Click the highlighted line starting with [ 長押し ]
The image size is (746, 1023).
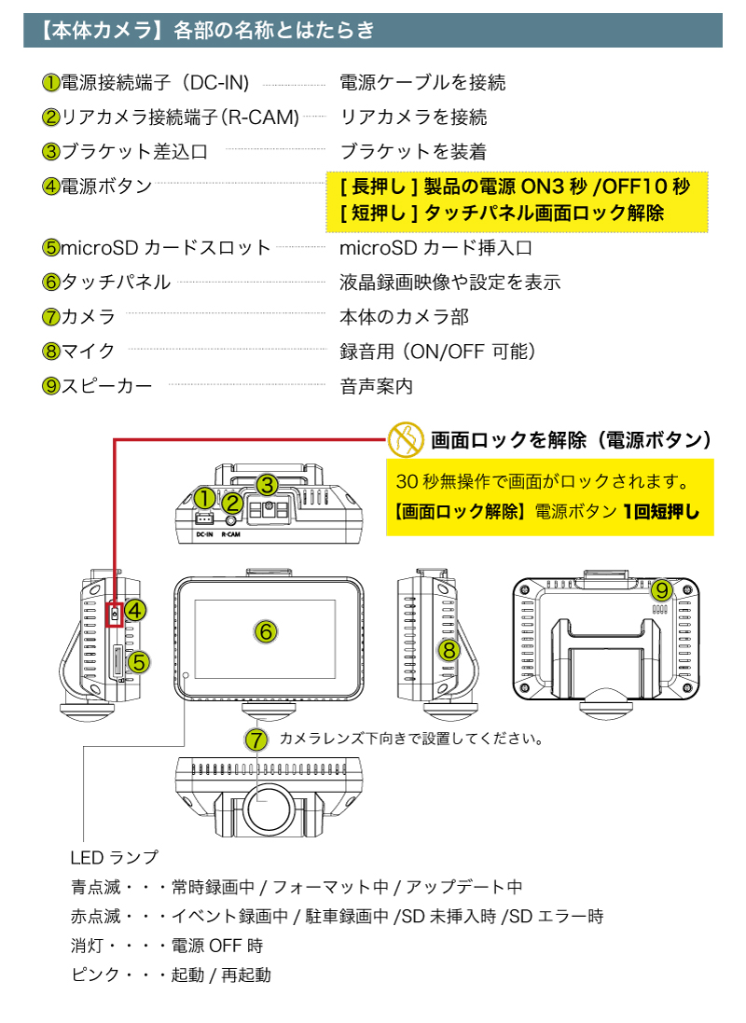click(x=515, y=187)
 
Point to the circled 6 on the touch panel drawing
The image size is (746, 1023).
click(x=265, y=631)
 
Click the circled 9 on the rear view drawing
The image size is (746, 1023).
click(x=661, y=590)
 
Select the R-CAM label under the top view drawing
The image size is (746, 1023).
click(x=233, y=535)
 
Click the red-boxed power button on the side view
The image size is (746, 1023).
click(x=114, y=613)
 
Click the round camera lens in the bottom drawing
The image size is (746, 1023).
click(x=271, y=801)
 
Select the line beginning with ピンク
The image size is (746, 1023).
click(x=171, y=975)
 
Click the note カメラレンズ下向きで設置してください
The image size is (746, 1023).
click(x=411, y=739)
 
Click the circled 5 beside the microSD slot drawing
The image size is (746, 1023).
click(x=138, y=662)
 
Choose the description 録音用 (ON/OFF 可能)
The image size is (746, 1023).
click(x=437, y=352)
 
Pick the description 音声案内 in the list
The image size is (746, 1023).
click(x=376, y=386)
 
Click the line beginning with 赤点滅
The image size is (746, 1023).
click(x=337, y=916)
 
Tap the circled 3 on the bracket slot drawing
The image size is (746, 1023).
click(x=267, y=485)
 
